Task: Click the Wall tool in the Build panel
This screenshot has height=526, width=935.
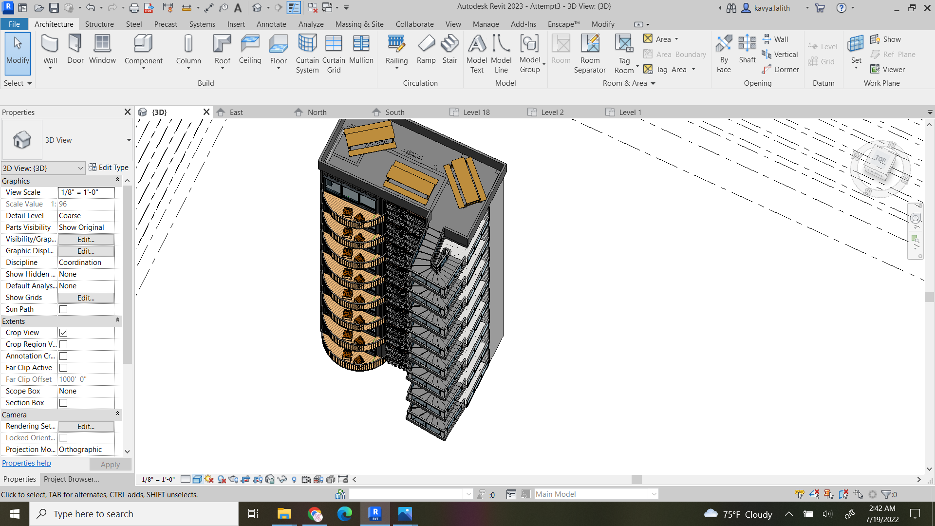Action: tap(50, 50)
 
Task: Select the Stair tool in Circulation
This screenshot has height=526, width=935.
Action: tap(449, 50)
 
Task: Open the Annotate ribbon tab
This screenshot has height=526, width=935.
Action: tap(271, 24)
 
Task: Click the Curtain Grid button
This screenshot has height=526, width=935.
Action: tap(334, 54)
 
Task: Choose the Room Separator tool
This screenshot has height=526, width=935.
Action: tap(590, 54)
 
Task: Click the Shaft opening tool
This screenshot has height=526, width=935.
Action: tap(747, 50)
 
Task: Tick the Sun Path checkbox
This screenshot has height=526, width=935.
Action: tap(63, 309)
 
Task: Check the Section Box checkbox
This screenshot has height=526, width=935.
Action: tap(63, 403)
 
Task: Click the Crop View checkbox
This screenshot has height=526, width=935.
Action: tap(63, 333)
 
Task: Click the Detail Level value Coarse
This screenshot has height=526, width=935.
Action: tap(86, 216)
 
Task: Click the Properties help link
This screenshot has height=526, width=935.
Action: tap(26, 463)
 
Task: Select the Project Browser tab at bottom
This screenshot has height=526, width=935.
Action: tap(71, 479)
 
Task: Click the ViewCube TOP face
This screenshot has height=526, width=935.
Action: tap(880, 159)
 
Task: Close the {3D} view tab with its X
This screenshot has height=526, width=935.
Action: tap(206, 112)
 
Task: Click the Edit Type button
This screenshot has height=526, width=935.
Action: tap(109, 168)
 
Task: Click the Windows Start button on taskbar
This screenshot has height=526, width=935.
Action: tap(15, 514)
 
